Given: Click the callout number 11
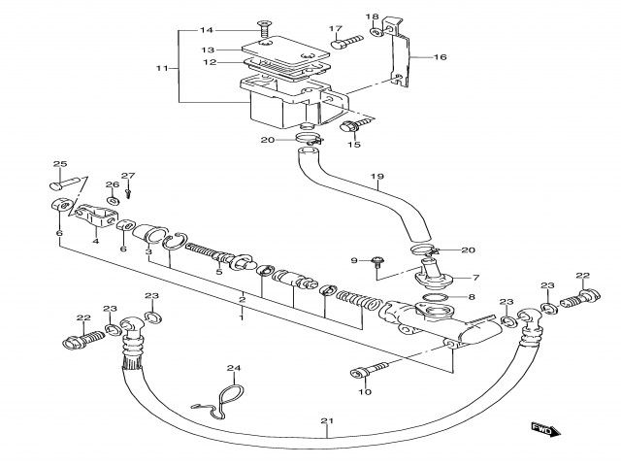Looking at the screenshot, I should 162,69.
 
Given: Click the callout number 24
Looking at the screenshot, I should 233,368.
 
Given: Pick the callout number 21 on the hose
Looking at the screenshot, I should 326,420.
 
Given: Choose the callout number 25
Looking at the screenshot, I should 59,164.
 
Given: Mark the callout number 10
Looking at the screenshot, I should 365,392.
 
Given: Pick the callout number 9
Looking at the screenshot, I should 353,260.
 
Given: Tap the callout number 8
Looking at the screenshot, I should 473,297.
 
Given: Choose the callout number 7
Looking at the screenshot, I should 475,277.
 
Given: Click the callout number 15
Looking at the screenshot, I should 354,144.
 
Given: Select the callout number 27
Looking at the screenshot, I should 128,175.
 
